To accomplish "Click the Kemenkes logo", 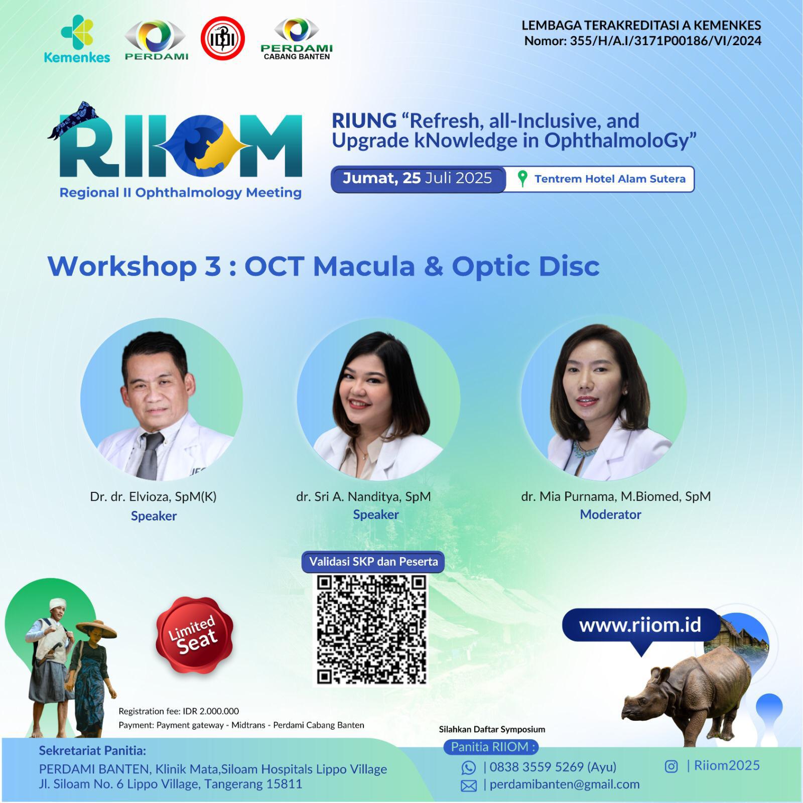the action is point(77,39).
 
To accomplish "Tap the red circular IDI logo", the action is point(222,39).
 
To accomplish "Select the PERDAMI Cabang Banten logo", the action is point(297,39).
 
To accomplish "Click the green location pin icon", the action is point(522,179).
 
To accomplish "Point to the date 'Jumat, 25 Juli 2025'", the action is point(417,178).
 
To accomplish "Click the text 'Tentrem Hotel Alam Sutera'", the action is point(610,179).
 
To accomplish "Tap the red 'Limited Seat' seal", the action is point(194,635).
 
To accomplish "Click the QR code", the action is point(371,629).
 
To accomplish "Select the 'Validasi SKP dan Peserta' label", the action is point(373,562).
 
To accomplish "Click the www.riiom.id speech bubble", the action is point(640,627).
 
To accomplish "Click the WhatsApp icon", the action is point(468,767).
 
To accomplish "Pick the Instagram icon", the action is point(671,766).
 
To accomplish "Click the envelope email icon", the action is point(468,785).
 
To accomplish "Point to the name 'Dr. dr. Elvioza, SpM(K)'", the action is point(153,497).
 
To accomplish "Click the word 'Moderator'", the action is point(610,514).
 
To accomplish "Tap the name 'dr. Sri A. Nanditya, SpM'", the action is point(363,497).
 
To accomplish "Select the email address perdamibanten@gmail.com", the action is point(565,784).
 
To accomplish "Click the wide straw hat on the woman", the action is point(96,629).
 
